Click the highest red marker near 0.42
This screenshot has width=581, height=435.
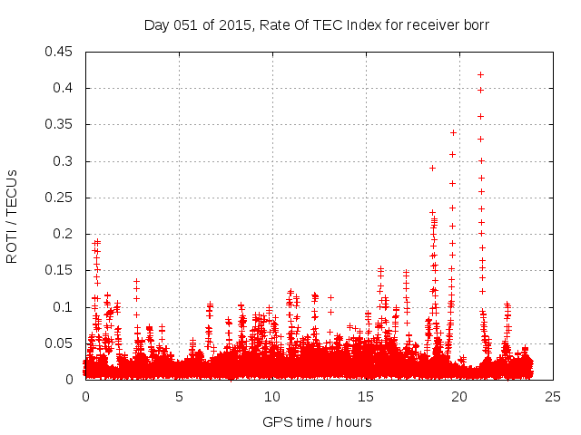(x=480, y=74)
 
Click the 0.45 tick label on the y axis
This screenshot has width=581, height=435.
(x=59, y=52)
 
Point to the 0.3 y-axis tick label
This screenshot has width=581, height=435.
(x=63, y=161)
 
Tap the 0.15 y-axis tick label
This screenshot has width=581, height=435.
(x=59, y=270)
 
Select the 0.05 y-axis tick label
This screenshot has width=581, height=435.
(x=59, y=343)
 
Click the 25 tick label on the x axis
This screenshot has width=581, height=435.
(x=552, y=397)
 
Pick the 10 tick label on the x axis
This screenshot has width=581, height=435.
(x=272, y=397)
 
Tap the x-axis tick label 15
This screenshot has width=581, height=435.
(x=366, y=397)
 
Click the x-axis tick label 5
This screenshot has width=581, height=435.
(x=179, y=397)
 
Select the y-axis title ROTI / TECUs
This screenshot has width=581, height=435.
(x=13, y=216)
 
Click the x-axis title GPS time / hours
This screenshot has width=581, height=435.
(x=317, y=421)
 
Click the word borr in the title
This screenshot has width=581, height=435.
(x=475, y=25)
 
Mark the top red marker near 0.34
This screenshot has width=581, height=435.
(x=453, y=132)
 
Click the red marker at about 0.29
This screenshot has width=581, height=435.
(x=432, y=168)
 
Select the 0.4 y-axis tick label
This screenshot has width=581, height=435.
(x=63, y=88)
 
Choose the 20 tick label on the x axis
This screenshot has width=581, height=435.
(x=459, y=397)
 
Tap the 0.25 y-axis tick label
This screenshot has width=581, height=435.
(x=59, y=198)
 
